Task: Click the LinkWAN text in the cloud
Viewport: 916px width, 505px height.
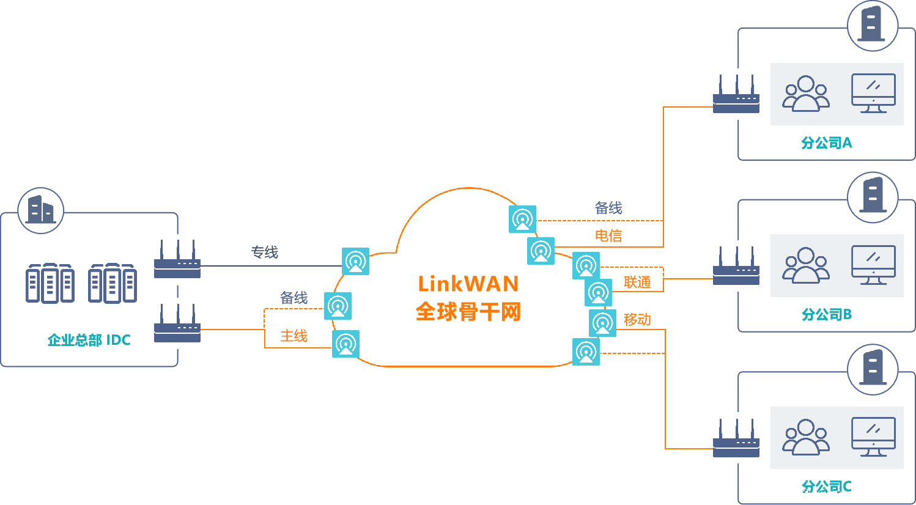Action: (468, 284)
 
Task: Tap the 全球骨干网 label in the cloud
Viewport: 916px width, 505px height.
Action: (468, 312)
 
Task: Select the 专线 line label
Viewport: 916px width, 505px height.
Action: (265, 252)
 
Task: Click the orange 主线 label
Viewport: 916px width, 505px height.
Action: (294, 336)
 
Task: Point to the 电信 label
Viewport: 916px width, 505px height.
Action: (608, 235)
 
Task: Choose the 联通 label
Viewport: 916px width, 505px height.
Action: (637, 282)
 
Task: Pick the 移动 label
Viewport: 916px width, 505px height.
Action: (637, 319)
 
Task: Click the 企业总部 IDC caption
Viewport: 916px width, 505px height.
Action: (89, 340)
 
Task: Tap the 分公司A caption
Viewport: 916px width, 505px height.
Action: (826, 143)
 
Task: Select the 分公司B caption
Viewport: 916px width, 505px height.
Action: (826, 315)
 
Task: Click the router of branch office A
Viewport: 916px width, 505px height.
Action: (736, 94)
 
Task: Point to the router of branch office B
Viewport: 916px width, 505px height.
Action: (736, 266)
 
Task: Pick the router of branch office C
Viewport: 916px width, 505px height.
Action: (736, 438)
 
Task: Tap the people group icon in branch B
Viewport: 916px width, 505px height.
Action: (806, 265)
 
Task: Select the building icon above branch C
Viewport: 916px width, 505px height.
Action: (873, 369)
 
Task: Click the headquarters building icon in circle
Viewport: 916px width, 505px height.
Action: (41, 211)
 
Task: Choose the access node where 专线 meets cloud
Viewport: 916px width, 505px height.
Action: (355, 262)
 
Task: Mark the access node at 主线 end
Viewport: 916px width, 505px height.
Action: (345, 344)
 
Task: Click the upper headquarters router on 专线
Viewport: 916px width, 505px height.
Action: (177, 260)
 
